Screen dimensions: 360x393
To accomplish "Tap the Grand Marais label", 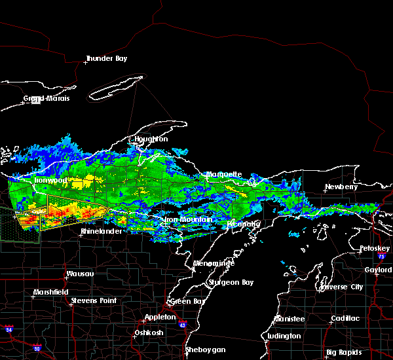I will (x=47, y=99).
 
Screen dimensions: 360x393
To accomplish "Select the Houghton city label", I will (x=151, y=139).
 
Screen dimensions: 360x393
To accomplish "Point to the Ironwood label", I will (x=51, y=180).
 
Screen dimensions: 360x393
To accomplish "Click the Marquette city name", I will (x=225, y=175).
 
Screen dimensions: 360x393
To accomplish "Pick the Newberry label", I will (x=342, y=187).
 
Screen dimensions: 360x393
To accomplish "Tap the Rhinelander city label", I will (x=102, y=232).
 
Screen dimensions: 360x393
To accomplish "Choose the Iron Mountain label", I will (x=189, y=220).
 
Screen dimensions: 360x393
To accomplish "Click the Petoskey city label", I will (x=375, y=249).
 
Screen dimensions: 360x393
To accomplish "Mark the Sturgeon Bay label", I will (x=227, y=283).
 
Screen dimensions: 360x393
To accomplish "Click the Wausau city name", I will (x=79, y=274).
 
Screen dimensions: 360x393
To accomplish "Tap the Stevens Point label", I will (x=94, y=300).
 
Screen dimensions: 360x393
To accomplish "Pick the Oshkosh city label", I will (x=149, y=333).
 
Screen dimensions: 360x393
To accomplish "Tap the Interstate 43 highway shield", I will (x=182, y=325).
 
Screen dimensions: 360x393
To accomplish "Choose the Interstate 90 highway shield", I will (x=37, y=348).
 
